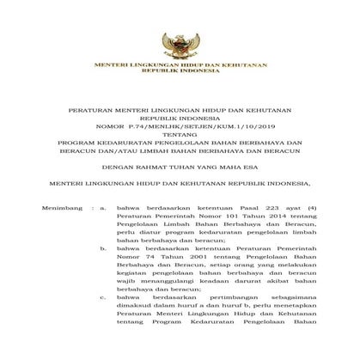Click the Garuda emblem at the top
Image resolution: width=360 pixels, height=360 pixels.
click(180, 37)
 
